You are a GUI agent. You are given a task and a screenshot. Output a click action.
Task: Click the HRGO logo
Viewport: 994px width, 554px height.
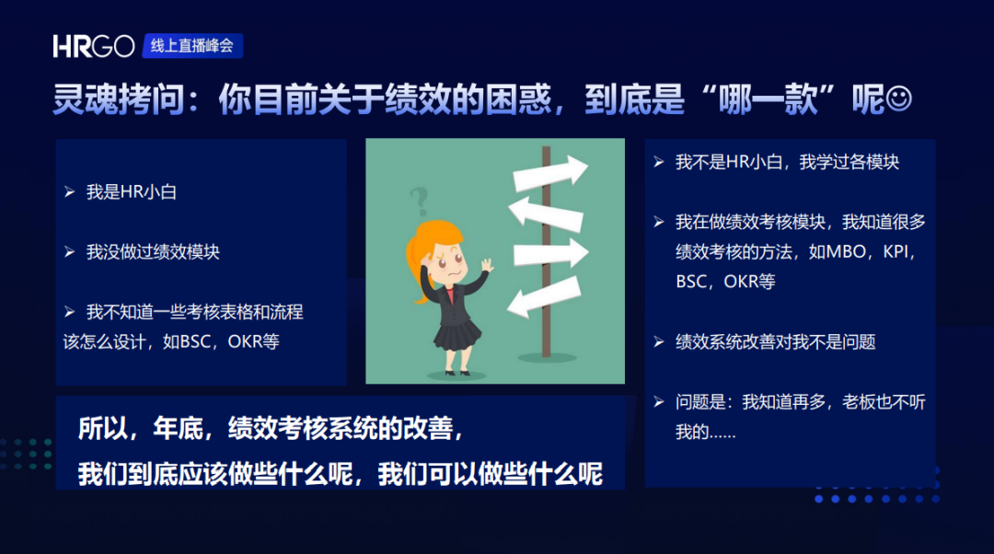click(93, 46)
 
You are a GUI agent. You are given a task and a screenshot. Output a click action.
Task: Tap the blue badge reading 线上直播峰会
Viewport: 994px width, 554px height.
click(192, 46)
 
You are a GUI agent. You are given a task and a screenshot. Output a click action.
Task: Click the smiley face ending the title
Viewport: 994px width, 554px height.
click(898, 98)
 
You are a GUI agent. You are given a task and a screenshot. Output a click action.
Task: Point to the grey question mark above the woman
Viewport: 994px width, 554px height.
click(419, 201)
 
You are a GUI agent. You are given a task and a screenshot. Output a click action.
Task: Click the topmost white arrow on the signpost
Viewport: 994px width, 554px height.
click(550, 172)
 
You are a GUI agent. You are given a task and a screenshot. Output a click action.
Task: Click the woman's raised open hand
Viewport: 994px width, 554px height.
click(486, 264)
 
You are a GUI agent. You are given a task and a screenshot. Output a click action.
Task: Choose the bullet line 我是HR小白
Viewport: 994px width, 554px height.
click(132, 192)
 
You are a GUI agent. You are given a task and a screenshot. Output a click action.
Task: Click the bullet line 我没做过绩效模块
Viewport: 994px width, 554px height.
click(153, 252)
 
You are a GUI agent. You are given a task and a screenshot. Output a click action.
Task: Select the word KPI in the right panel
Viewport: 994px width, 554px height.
click(896, 251)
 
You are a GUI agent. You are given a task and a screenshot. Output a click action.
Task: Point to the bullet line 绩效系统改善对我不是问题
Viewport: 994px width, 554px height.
click(775, 342)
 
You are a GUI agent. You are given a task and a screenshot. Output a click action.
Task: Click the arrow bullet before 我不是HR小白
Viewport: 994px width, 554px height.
click(659, 162)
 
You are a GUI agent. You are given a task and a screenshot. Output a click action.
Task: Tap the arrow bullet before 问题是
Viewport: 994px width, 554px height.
click(659, 402)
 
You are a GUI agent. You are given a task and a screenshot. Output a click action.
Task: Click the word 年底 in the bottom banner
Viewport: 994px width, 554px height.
click(178, 429)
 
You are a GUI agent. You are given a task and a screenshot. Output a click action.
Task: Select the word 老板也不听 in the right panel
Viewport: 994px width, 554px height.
click(884, 402)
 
